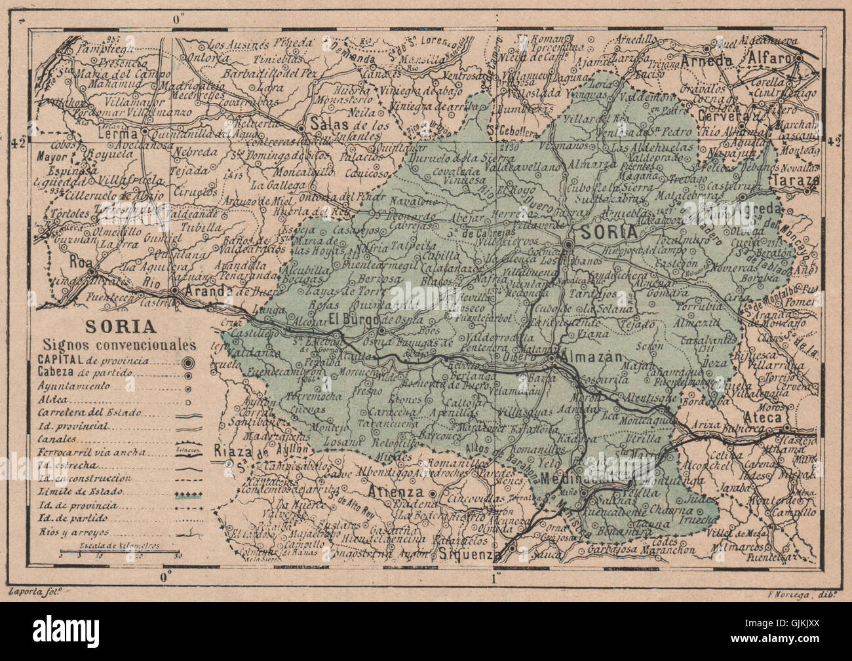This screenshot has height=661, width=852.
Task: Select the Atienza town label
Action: click(423, 493)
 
